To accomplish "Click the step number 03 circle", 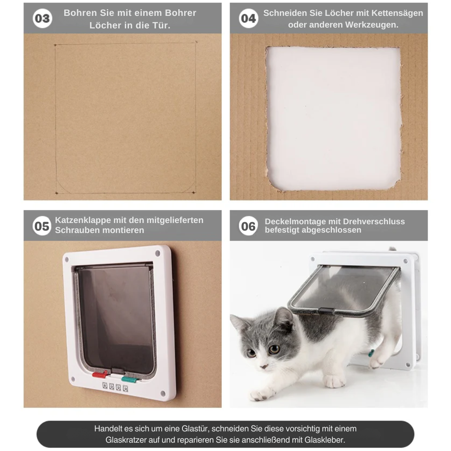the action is click(42, 18).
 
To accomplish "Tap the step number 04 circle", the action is click(248, 18).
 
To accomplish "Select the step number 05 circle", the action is click(42, 226).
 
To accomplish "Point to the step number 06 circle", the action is click(248, 226).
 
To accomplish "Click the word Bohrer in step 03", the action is click(180, 13).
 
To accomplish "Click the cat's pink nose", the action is click(264, 367).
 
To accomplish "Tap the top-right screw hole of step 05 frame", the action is click(157, 253).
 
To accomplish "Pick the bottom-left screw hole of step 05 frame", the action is click(73, 379).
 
